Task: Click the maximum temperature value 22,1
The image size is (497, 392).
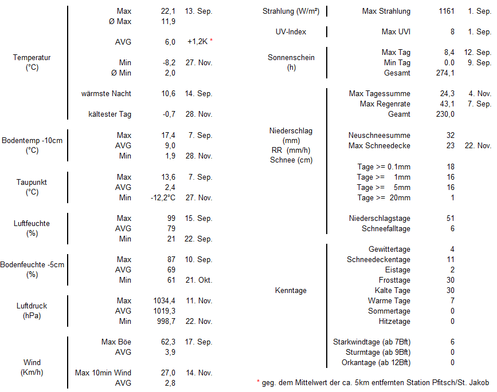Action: (168, 11)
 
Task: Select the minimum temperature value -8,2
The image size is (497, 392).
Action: (168, 63)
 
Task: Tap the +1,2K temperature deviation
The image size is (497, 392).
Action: (198, 42)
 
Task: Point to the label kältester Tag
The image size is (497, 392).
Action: (109, 114)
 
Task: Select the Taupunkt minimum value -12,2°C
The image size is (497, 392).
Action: (163, 198)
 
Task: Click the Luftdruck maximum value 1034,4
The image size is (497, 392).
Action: (163, 301)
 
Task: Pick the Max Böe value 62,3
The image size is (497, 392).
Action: (168, 342)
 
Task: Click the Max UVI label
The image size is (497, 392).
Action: (396, 32)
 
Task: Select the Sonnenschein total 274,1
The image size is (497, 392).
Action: (445, 73)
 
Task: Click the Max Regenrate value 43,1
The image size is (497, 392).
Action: (447, 104)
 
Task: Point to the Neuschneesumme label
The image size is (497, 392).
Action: (379, 136)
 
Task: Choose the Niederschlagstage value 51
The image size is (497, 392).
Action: (451, 219)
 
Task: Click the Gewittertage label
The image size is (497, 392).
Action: (389, 250)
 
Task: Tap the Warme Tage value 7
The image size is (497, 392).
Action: (452, 301)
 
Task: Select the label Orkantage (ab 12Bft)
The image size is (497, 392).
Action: (376, 363)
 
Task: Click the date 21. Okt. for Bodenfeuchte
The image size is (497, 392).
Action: (198, 280)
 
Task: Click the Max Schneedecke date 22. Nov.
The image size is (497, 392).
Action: (478, 146)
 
